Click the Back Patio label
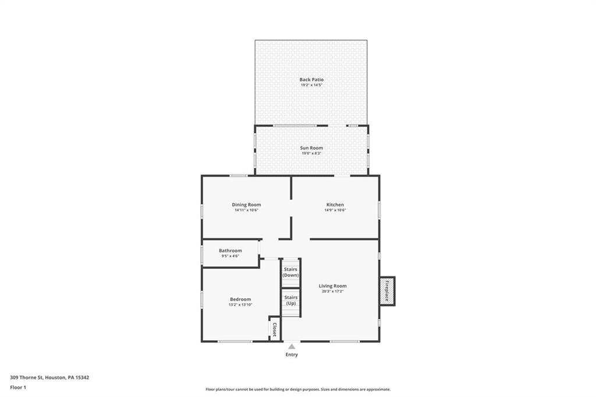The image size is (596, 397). coord(311,80)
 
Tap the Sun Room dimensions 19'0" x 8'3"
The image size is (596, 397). coord(311,154)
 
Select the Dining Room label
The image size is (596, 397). coord(246,205)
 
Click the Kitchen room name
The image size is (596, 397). coord(335,205)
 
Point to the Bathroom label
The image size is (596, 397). coord(230,251)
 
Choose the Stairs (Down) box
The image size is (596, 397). coord(290,272)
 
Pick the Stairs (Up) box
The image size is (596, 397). coord(290,301)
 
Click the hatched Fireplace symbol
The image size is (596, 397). coord(387,290)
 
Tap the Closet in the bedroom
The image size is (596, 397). coord(274,328)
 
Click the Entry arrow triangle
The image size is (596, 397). coord(292,346)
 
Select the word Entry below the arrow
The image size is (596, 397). coord(292,355)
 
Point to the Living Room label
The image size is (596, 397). coord(333,286)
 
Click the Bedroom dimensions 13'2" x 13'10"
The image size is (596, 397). coord(240,304)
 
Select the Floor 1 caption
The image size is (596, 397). coord(18,387)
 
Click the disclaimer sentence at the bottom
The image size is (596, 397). coord(298,389)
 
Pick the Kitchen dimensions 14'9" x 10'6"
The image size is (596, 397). coord(335,210)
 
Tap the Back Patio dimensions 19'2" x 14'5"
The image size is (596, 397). coord(311,85)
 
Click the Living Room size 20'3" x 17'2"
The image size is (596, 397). coord(333,291)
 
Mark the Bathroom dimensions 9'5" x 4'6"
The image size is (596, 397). coord(230,256)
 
